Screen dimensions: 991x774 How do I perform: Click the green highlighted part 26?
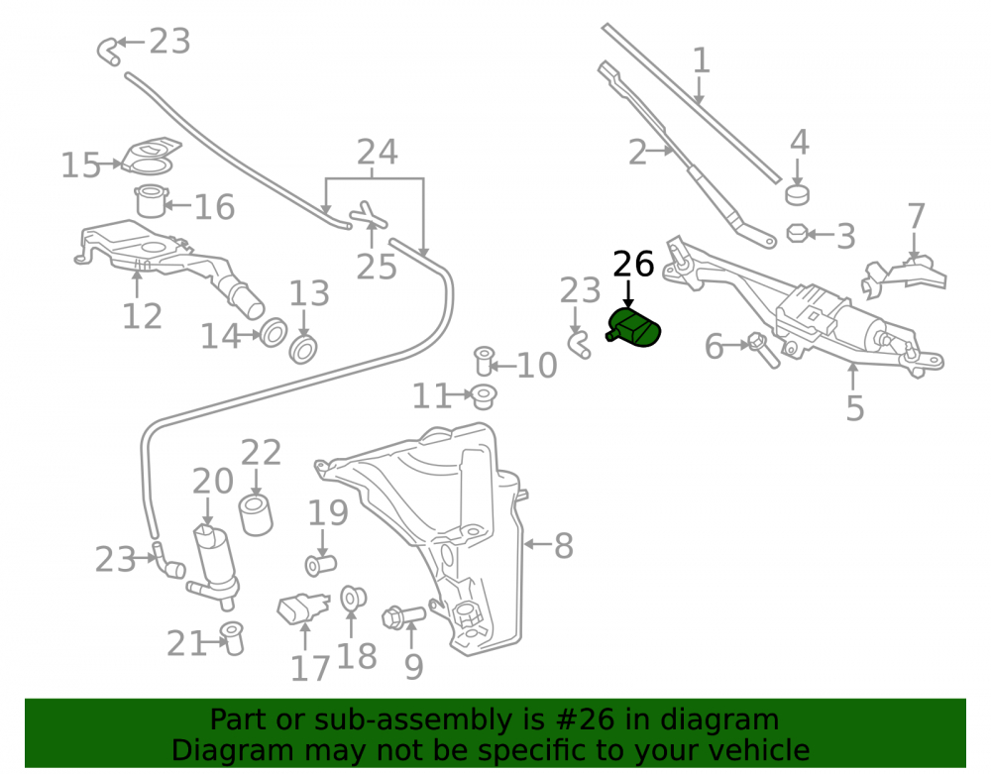(633, 328)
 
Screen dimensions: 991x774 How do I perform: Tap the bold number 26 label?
(633, 264)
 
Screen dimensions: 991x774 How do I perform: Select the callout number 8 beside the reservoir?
(563, 546)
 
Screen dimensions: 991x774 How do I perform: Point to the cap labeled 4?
(798, 194)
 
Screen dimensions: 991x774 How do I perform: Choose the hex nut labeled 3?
(797, 233)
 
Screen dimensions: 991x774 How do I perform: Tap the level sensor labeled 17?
(302, 608)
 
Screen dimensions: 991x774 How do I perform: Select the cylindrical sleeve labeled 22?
(256, 515)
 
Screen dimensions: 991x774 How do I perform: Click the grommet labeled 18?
(353, 598)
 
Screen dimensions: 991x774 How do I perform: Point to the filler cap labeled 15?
(151, 156)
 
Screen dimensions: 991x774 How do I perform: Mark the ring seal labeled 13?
(302, 350)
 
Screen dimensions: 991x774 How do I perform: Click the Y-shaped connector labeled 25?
(369, 217)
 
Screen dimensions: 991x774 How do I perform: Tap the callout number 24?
(378, 153)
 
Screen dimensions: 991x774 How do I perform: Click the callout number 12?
(142, 316)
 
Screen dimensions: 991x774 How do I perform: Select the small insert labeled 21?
(232, 638)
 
